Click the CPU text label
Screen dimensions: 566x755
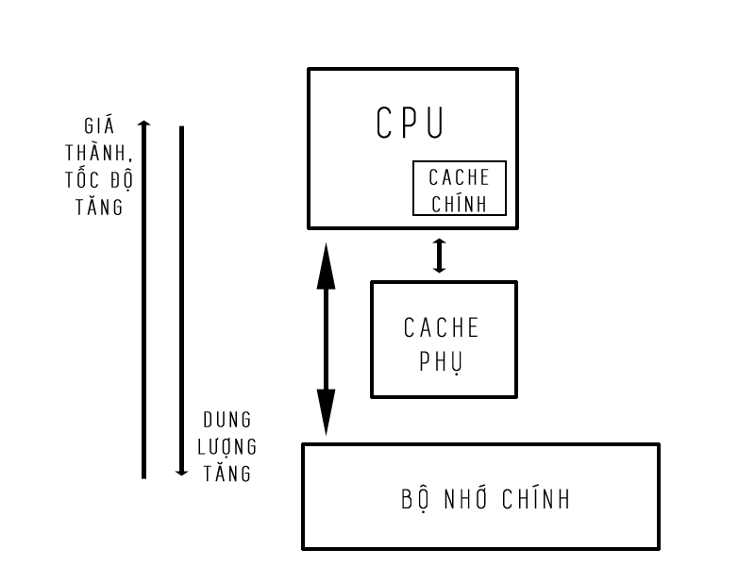click(x=410, y=122)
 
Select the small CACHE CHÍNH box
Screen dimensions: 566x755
click(x=460, y=189)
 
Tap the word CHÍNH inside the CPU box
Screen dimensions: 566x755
click(x=460, y=202)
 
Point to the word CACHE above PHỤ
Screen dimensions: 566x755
click(x=442, y=328)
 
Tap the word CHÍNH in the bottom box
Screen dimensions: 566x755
click(x=537, y=498)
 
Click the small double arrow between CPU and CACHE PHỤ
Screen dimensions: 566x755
click(x=439, y=255)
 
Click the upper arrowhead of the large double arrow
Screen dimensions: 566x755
click(x=326, y=264)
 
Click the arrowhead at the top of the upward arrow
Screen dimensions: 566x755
click(x=143, y=124)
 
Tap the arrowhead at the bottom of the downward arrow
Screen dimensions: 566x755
click(x=181, y=472)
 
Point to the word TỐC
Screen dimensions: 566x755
click(x=82, y=181)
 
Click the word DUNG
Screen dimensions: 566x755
click(x=227, y=420)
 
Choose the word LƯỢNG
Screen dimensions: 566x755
click(x=227, y=447)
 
